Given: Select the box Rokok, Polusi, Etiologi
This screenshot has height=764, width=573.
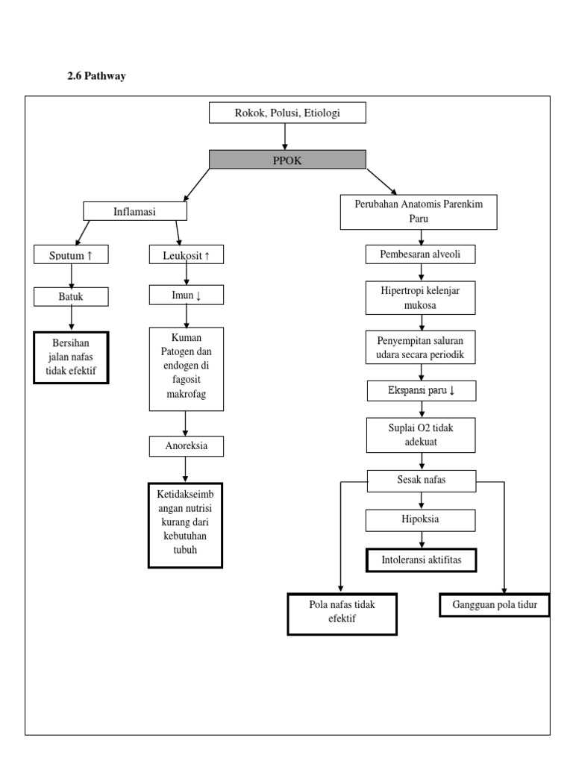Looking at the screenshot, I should pos(287,113).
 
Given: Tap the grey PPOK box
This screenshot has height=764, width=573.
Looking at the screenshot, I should pos(287,160).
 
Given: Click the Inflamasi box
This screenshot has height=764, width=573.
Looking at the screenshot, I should pos(134,211).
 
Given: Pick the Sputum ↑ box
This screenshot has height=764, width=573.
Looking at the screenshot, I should pos(72,255).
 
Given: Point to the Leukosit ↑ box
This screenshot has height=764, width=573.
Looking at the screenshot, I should pos(185,255).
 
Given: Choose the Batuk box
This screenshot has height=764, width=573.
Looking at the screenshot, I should pos(72,297).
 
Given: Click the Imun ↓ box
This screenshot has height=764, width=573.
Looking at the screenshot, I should pos(185,296).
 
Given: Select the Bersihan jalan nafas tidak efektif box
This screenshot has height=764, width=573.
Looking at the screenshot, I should pos(71,357).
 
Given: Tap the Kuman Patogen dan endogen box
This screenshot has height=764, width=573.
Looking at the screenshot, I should pos(185,368).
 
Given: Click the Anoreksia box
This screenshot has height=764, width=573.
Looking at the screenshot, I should pos(185,446).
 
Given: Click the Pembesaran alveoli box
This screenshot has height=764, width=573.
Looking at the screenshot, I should pos(421,254).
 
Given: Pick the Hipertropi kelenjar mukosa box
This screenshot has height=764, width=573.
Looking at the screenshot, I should pos(422,297).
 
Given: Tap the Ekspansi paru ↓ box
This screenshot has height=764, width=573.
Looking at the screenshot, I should pos(422,390).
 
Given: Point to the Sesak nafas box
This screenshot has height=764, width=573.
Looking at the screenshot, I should pos(422,480).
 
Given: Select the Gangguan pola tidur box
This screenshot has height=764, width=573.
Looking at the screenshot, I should pos(494,605).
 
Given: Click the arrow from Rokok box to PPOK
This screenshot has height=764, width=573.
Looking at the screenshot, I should pos(286,137).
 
